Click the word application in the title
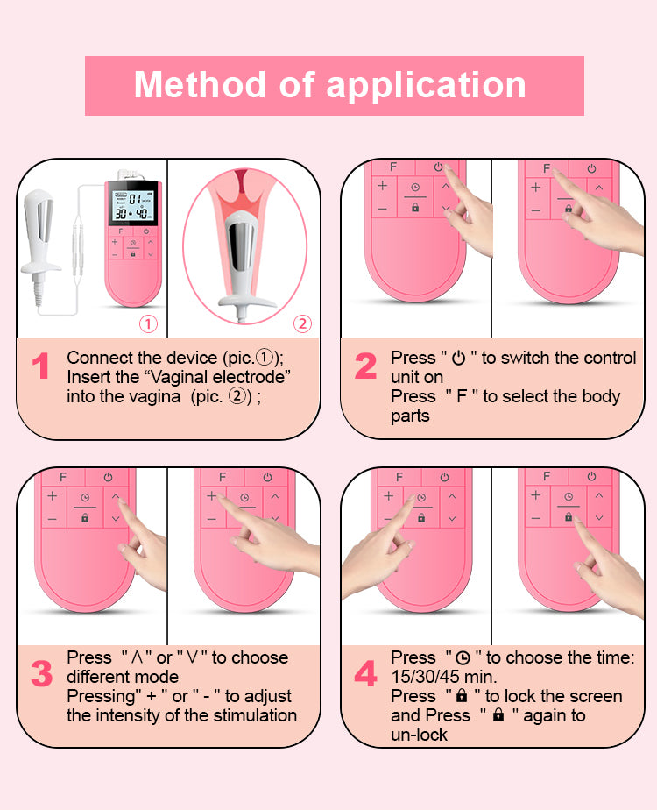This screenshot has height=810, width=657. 427,86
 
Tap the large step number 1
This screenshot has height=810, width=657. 40,367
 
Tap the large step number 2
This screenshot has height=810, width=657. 365,367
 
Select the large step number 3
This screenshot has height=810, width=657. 41,675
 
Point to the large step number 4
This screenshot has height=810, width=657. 365,675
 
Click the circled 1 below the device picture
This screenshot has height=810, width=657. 149,324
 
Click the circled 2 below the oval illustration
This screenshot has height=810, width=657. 301,324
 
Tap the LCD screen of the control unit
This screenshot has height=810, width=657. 132,208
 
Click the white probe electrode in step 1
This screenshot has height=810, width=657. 44,219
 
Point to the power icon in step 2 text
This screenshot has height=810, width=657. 458,358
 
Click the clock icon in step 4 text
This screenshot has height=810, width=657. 461,657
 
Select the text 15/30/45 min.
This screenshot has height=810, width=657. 443,677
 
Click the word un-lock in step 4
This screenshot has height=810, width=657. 419,735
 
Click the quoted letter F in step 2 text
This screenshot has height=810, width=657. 461,396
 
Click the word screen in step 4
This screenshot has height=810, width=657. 595,696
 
